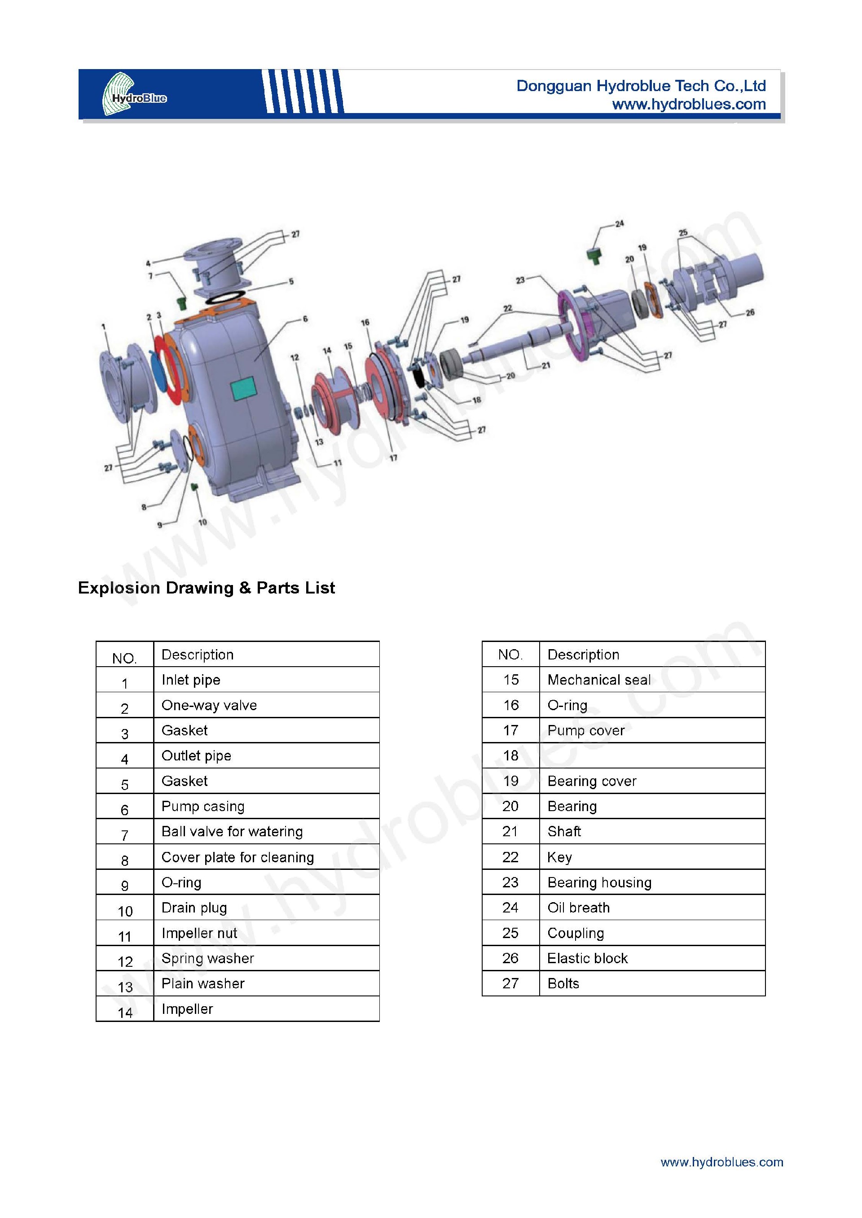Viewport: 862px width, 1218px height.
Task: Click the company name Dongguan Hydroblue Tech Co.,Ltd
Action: coord(641,86)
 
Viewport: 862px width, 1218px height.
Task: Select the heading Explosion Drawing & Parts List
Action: coord(206,588)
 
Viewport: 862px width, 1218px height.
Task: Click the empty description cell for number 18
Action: coord(652,755)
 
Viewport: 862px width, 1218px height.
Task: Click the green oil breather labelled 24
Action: coord(594,255)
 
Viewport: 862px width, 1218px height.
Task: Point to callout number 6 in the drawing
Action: coord(305,319)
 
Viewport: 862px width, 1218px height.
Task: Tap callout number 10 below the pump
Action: coord(202,522)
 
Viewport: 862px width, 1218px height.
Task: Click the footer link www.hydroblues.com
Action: coord(721,1162)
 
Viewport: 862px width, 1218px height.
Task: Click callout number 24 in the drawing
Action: coord(620,224)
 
